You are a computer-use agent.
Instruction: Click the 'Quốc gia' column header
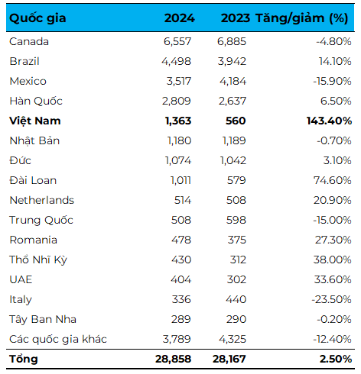pos(37,18)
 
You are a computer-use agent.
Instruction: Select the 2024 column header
pos(180,18)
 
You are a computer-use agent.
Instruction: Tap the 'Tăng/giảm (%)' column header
pos(302,18)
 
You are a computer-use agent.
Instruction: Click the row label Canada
pos(29,41)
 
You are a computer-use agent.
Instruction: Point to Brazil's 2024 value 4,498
pos(176,61)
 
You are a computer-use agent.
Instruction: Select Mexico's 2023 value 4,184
pos(233,81)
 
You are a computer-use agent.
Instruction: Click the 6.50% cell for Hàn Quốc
pos(336,101)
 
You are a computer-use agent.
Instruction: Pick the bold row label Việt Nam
pos(35,121)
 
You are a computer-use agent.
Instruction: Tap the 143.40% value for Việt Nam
pos(329,121)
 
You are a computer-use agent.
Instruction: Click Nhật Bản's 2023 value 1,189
pos(234,140)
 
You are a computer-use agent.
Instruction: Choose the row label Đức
pos(20,160)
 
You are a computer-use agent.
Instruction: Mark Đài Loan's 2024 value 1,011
pos(180,180)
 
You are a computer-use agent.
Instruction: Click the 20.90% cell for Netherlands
pos(333,200)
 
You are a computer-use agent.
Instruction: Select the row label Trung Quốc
pos(41,220)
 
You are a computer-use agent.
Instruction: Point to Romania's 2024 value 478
pos(181,240)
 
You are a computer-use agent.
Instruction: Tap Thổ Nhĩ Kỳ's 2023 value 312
pos(238,260)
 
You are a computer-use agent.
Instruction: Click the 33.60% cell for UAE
pos(333,279)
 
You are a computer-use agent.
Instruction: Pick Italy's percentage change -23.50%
pos(331,299)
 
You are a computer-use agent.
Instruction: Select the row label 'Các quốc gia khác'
pos(58,339)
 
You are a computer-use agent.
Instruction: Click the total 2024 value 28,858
pos(173,359)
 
